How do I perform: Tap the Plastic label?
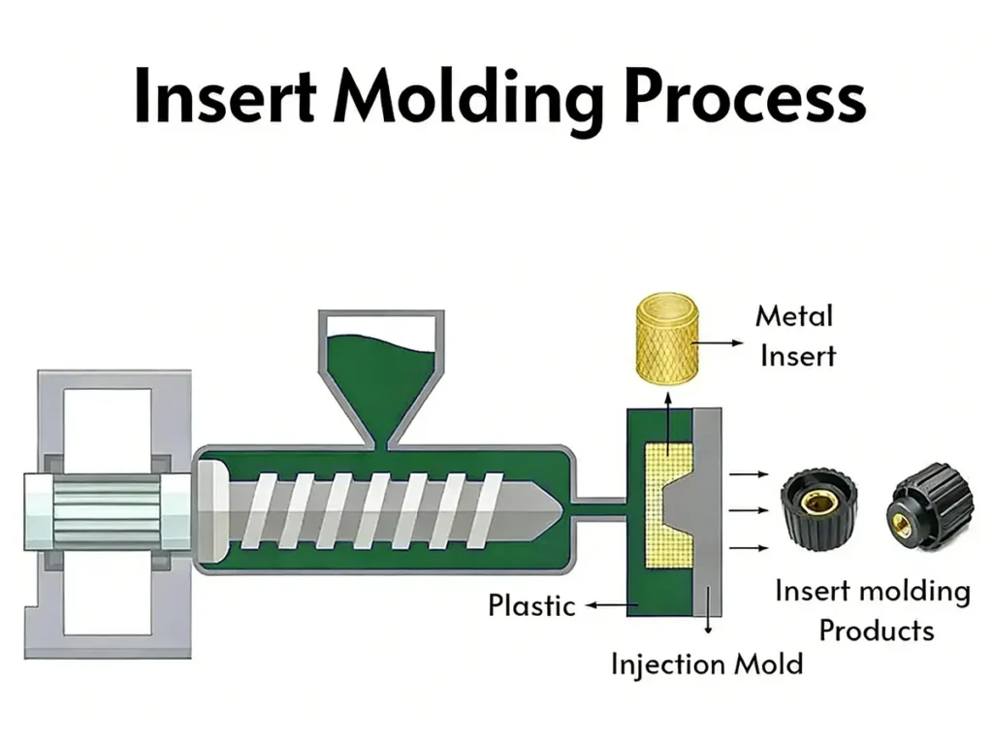pos(531,606)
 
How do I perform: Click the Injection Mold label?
pos(707,664)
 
